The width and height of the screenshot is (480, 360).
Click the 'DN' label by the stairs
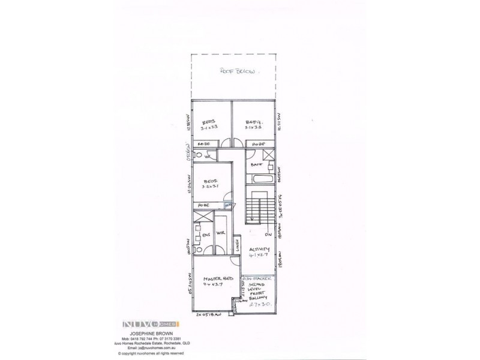pyautogui.click(x=269, y=235)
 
